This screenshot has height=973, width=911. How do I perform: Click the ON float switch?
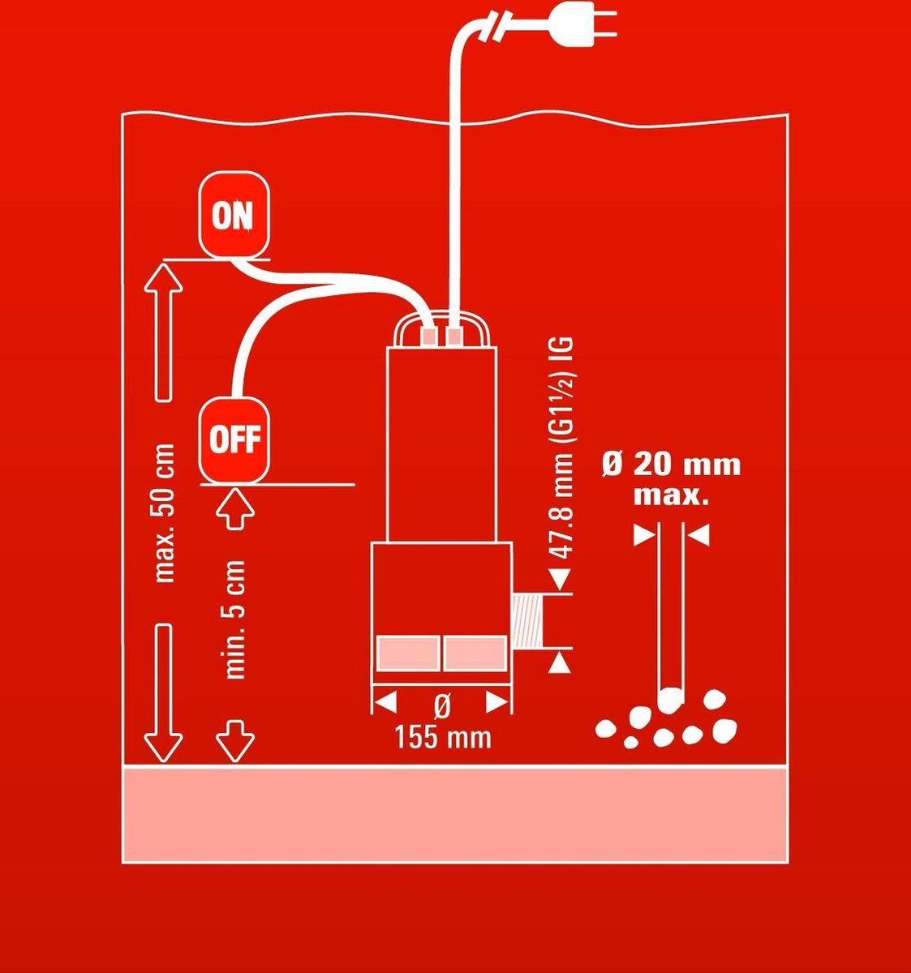234,215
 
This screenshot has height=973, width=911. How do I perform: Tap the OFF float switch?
234,440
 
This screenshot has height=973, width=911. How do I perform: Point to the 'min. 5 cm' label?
235,619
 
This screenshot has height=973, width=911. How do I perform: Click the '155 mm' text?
443,737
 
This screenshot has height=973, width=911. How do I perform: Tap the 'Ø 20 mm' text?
671,465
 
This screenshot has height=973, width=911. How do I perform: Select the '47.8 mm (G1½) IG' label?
562,448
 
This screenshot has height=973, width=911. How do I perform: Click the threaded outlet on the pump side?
527,621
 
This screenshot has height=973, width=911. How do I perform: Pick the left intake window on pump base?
407,654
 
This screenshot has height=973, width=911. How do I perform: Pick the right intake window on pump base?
475,654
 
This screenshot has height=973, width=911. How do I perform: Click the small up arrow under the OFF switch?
235,508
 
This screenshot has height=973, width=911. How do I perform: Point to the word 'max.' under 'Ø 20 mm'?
671,497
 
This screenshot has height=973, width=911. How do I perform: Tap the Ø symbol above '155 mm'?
442,706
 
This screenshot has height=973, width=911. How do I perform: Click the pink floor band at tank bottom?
455,814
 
